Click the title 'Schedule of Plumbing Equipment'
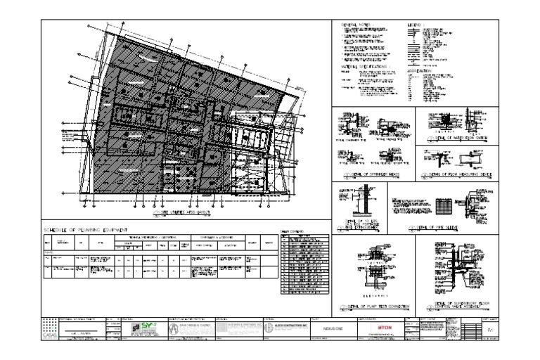88,230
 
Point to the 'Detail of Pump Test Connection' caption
371,308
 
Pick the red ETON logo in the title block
384,328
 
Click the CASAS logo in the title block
49,329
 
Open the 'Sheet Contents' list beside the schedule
302,260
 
